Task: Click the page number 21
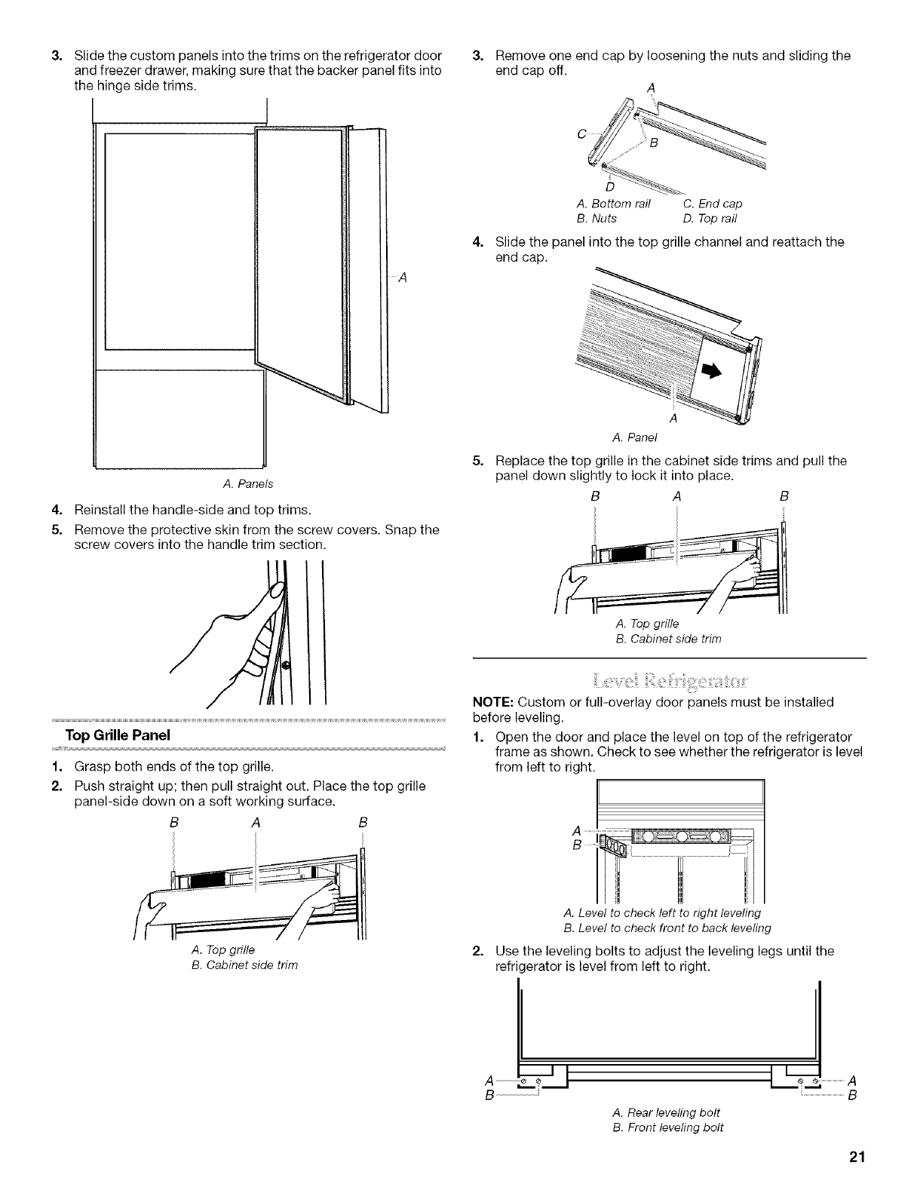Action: click(x=854, y=1158)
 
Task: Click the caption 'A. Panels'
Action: click(x=252, y=483)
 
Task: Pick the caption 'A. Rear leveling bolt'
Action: click(x=667, y=1112)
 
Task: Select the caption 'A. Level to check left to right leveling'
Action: click(x=666, y=913)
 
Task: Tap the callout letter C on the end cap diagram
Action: click(x=581, y=134)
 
